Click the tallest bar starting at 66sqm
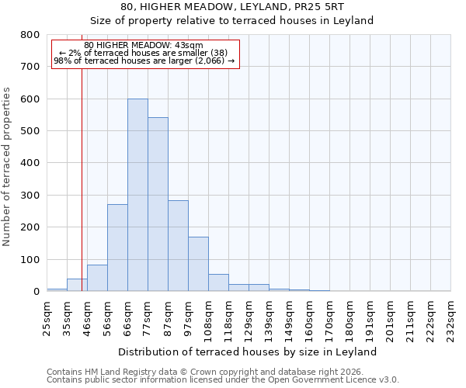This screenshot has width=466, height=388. click(x=137, y=195)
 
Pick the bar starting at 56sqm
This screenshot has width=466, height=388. click(x=117, y=248)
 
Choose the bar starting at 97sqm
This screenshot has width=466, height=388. click(x=198, y=264)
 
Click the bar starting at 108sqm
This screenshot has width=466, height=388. click(x=218, y=282)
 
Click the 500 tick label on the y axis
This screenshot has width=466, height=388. click(x=30, y=131)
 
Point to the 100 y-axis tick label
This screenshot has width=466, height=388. click(x=30, y=259)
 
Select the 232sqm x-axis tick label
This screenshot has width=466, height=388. click(x=450, y=317)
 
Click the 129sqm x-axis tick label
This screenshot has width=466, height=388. click(x=249, y=317)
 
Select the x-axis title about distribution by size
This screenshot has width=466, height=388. click(x=249, y=352)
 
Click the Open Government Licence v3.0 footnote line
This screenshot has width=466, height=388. click(x=223, y=380)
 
